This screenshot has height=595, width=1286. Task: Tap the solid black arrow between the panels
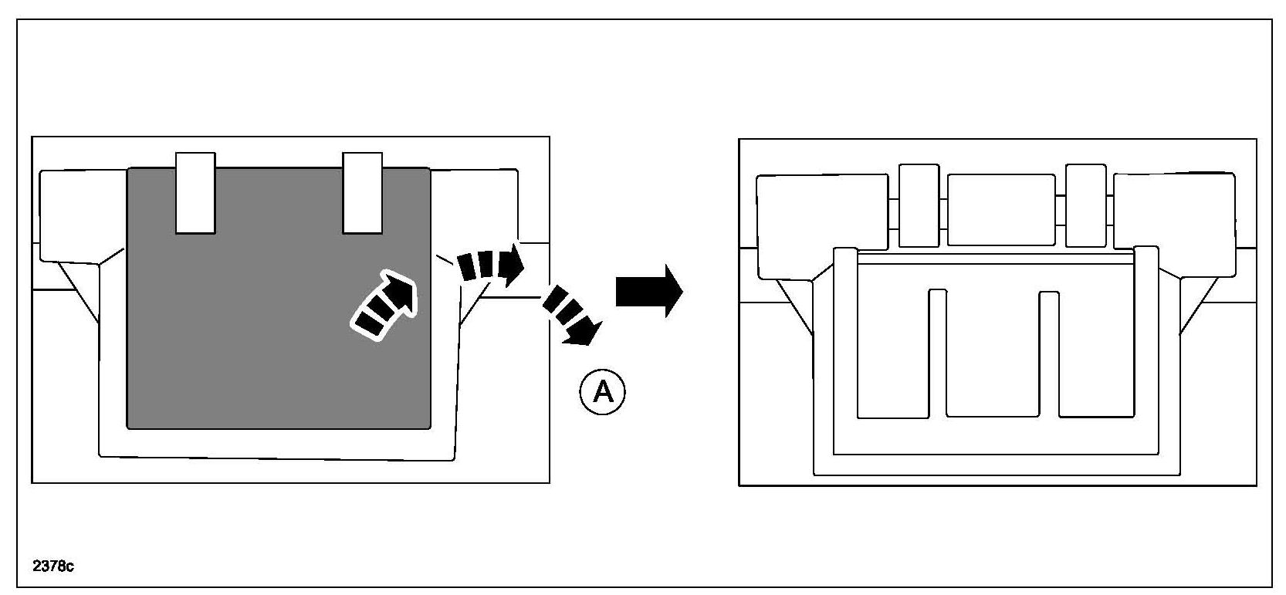point(648,291)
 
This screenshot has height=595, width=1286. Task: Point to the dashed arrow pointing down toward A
point(572,315)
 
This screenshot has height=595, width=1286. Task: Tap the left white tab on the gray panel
point(195,193)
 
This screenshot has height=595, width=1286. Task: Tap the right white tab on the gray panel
point(362,193)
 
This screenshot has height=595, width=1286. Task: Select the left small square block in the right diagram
point(919,205)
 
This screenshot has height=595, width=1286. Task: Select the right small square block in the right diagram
point(1085,205)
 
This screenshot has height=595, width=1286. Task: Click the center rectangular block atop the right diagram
point(1001,210)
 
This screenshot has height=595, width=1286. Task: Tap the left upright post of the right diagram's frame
point(846,347)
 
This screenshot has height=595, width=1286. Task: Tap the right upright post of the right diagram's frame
point(1146,347)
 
